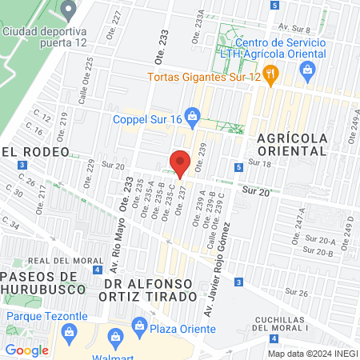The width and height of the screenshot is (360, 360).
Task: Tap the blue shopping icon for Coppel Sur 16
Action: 192,116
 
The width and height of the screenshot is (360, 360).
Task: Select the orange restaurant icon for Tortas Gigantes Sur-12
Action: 272,76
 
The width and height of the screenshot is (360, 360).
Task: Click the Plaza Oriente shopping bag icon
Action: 139,326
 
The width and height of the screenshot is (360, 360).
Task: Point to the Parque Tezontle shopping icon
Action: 96,315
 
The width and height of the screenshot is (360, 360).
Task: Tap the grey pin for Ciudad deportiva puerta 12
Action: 69,10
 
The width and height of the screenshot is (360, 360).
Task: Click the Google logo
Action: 26,350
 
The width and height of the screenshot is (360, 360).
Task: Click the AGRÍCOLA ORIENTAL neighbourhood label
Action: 293,143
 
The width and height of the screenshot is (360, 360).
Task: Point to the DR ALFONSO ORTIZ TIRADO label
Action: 150,290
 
